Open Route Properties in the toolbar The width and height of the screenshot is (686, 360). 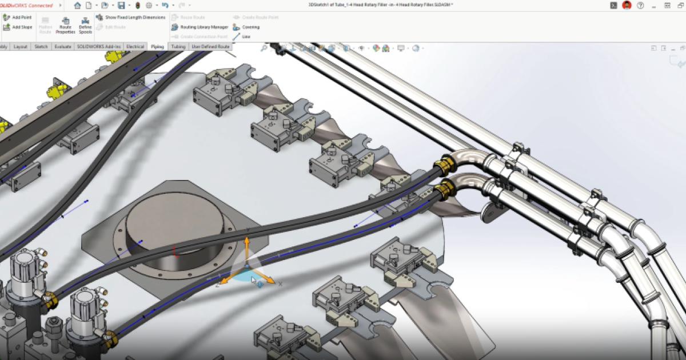65,25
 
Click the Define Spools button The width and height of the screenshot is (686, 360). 85,25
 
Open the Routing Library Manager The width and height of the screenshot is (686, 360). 200,27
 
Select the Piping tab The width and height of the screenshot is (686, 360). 157,46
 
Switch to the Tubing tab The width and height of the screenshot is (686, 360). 178,46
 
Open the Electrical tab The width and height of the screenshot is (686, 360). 135,46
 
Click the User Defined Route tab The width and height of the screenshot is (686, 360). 210,46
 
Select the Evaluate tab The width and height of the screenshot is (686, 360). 63,46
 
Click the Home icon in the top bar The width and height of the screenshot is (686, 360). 77,5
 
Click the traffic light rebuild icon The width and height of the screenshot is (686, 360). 136,5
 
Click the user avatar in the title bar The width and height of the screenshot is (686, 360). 627,5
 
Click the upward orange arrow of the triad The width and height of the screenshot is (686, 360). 247,246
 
